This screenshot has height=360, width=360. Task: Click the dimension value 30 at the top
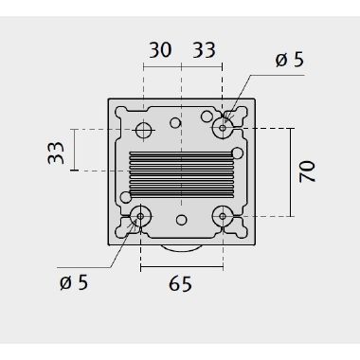[x=160, y=50]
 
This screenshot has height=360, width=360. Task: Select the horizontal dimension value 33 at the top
[x=204, y=50]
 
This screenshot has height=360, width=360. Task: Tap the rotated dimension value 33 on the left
[x=56, y=153]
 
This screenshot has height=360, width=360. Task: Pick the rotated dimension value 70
[x=307, y=171]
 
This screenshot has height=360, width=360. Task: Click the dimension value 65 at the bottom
[x=180, y=283]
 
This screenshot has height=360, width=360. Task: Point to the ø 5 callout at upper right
[x=289, y=59]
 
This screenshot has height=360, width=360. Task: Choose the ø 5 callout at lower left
[x=74, y=282]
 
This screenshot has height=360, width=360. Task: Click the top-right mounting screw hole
[x=223, y=128]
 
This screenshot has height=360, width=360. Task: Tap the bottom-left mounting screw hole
[x=140, y=216]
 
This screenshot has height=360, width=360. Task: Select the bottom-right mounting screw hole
[x=223, y=216]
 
